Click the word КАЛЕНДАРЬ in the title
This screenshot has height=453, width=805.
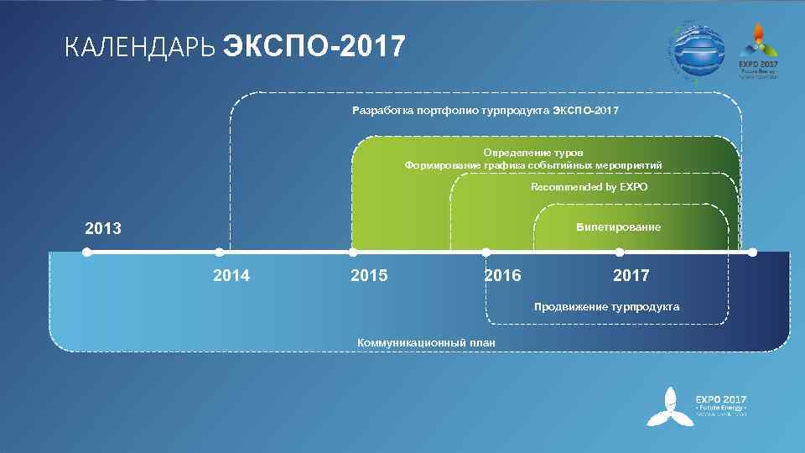pos(140,48)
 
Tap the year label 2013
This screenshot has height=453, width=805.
pos(103,228)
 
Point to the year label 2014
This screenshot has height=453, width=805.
pos(231,276)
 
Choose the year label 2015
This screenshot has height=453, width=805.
pos(369,276)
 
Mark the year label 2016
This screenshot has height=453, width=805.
pos(502,276)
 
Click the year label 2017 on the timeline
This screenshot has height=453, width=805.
pos(631,276)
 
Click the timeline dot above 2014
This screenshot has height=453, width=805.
pos(219,252)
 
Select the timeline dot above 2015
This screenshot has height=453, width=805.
pos(352,252)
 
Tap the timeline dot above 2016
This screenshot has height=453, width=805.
pos(486,252)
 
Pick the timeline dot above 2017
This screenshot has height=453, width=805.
pos(619,252)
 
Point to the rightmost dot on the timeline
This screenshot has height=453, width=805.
pos(752,252)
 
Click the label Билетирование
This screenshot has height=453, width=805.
pos(618,227)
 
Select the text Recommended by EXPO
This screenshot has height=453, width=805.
pos(589,187)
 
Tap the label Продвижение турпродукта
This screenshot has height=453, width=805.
pos(606,307)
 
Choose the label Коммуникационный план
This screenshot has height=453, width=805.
pos(426,342)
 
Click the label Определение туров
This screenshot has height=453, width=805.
pos(532,153)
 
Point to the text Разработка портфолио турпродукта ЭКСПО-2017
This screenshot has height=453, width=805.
pos(486,111)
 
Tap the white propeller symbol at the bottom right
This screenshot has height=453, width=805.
pos(668,407)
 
